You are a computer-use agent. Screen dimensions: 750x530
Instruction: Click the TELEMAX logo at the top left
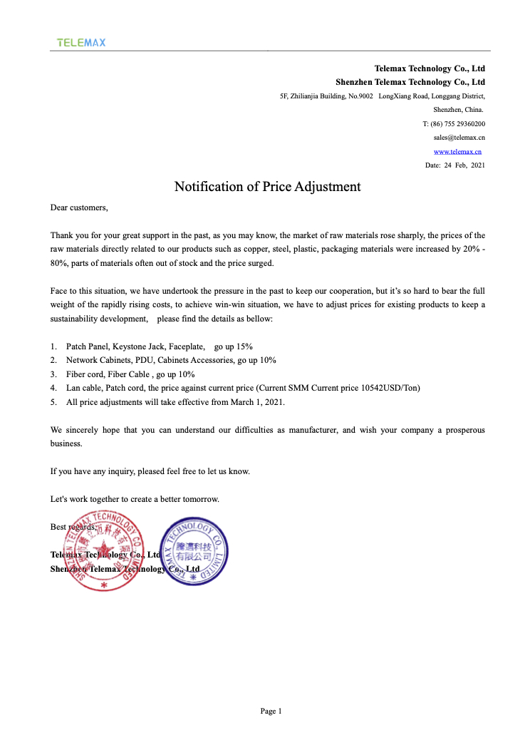[x=81, y=43]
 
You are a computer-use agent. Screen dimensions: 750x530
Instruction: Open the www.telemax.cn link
[x=457, y=151]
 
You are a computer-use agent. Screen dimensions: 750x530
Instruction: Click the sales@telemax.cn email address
[x=459, y=138]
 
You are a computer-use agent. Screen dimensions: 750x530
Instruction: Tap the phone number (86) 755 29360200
[x=458, y=124]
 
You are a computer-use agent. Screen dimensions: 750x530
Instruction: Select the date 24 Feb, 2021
[x=455, y=165]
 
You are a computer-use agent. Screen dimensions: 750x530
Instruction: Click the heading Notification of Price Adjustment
[x=267, y=187]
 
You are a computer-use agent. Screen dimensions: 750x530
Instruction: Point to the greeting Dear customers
[x=79, y=207]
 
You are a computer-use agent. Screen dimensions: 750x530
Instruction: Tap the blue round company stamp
[x=193, y=553]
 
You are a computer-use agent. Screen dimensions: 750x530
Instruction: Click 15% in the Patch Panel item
[x=244, y=346]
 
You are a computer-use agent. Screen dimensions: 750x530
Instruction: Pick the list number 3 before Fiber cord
[x=53, y=374]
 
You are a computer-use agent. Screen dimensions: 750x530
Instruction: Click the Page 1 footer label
[x=271, y=711]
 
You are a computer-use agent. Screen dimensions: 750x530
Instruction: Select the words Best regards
[x=73, y=527]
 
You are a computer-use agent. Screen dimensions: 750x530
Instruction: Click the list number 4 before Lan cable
[x=53, y=388]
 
